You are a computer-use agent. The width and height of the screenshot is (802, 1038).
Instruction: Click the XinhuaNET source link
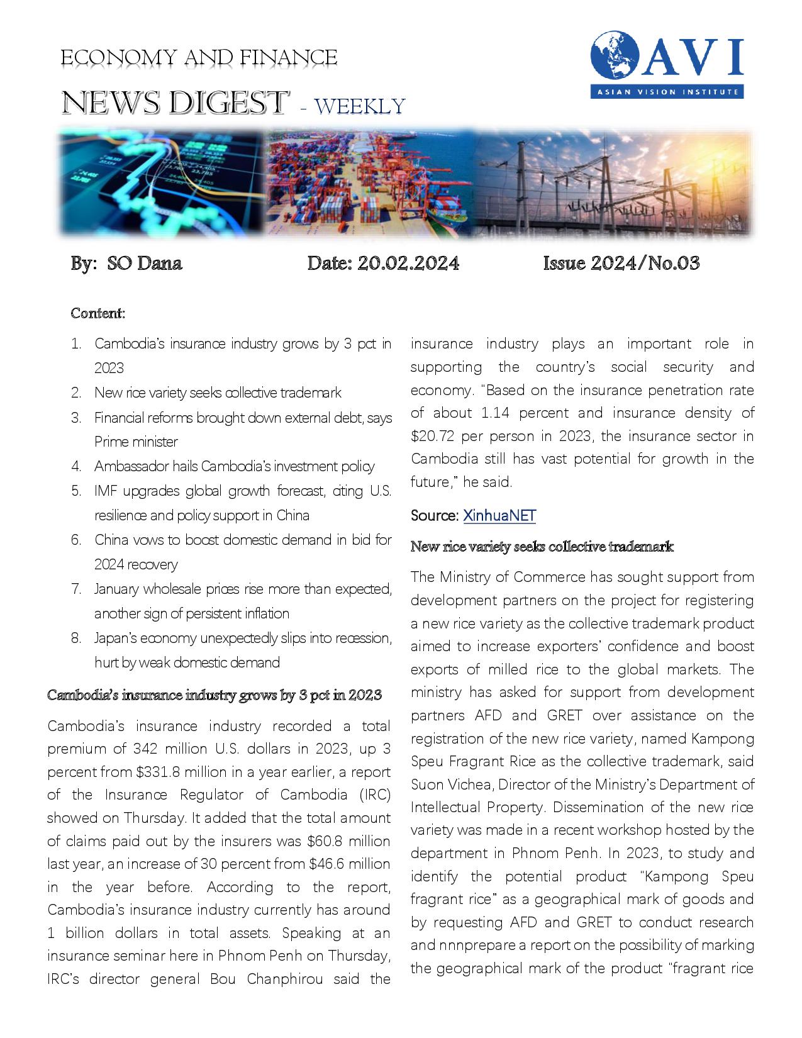click(x=499, y=516)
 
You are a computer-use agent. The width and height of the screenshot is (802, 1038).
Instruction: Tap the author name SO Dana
click(x=144, y=263)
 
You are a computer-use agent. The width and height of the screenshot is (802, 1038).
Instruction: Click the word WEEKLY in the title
click(x=360, y=106)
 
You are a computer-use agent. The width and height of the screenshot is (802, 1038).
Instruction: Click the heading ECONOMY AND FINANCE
click(x=199, y=58)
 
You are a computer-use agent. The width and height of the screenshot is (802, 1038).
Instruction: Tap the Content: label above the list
click(x=97, y=313)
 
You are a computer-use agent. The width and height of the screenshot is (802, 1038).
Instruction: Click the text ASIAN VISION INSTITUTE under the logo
click(x=667, y=92)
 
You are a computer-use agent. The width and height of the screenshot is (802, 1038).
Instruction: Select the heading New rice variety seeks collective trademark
click(x=542, y=547)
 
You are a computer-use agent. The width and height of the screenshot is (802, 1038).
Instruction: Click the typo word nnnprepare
click(x=468, y=946)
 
